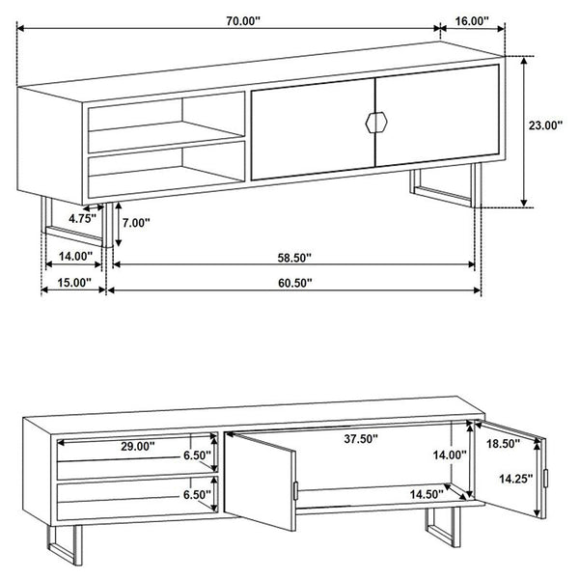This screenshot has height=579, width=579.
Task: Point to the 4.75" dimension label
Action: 86,219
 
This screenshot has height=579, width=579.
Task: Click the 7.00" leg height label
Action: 137,223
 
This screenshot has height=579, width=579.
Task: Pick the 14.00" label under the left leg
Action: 73,257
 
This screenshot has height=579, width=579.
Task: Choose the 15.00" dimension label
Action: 73,283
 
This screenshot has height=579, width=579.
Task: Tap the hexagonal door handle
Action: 374,122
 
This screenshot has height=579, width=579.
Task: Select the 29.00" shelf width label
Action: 138,447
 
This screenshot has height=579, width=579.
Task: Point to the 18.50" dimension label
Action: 503,444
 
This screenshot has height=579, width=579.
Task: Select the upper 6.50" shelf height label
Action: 197,455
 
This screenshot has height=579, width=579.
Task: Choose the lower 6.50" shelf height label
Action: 197,494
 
